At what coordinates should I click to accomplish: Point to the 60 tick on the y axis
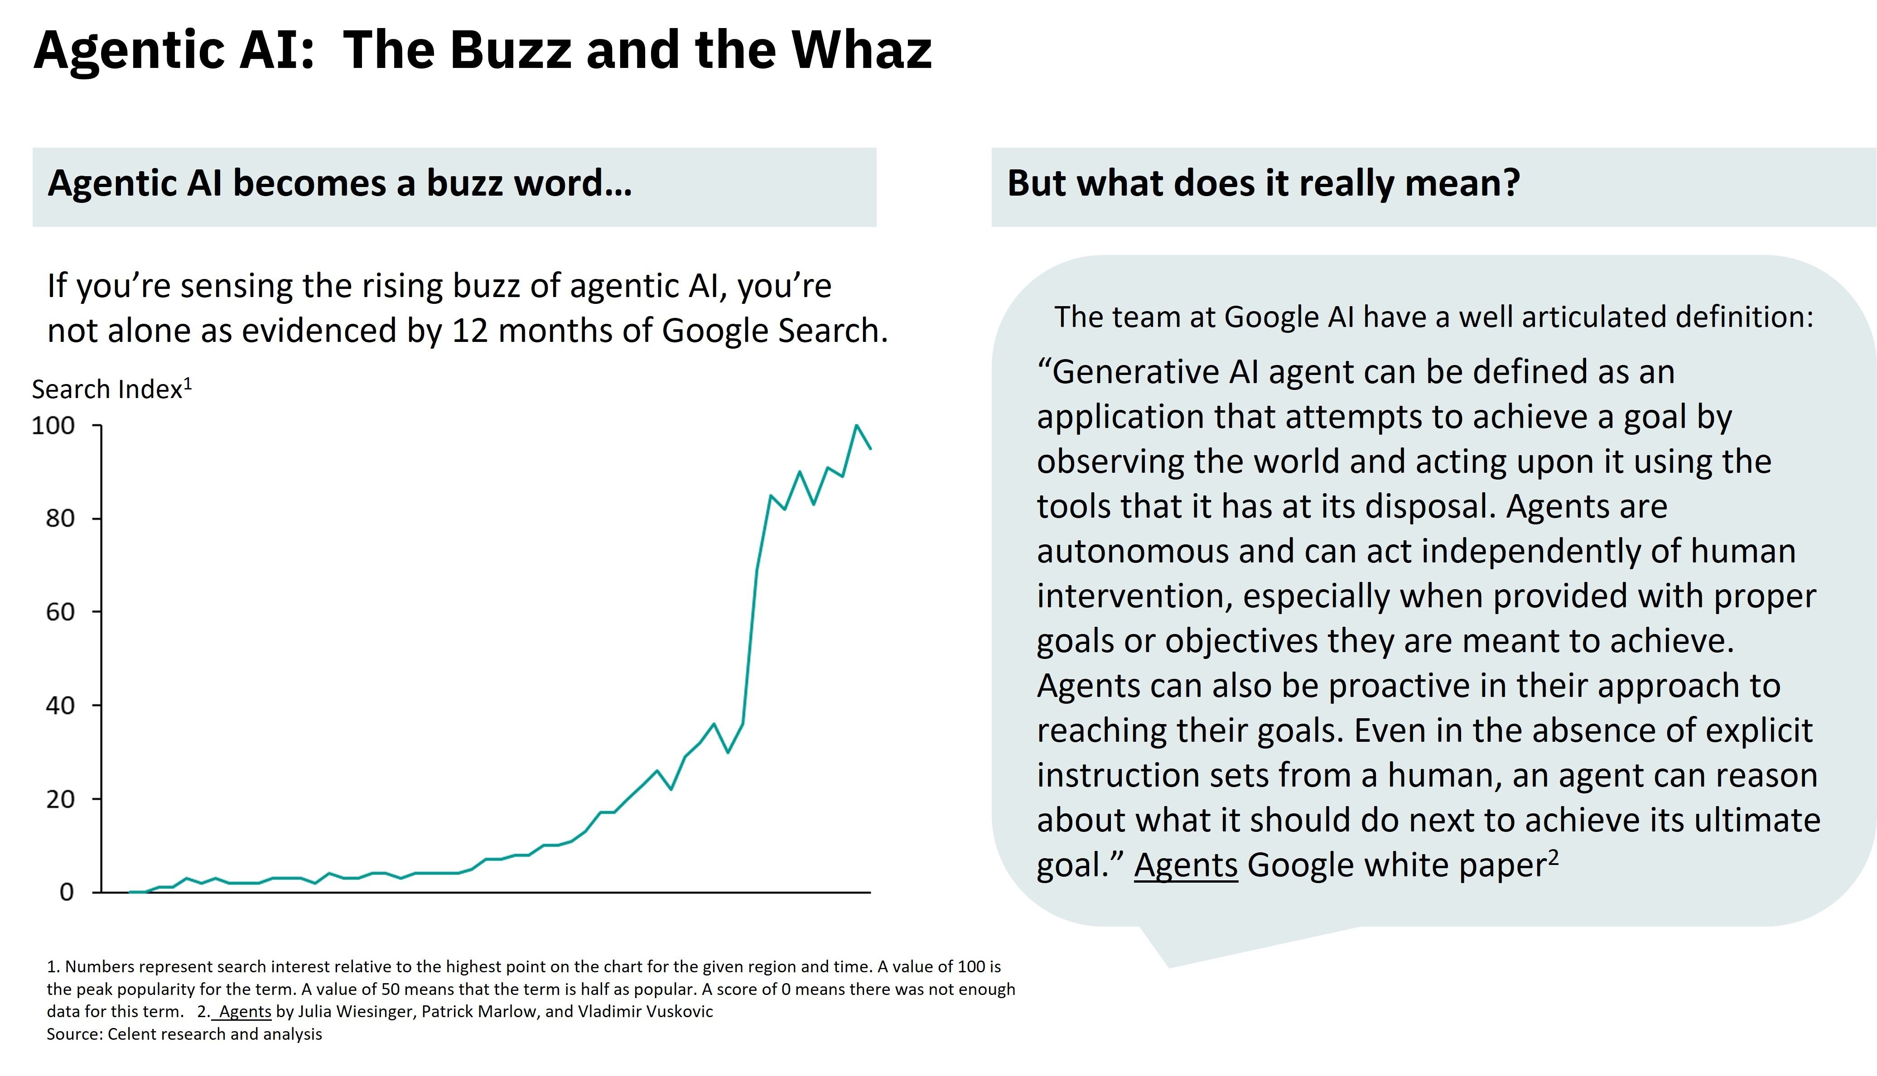coord(61,612)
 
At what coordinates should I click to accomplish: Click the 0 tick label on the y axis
coord(67,892)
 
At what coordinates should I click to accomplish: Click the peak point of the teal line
coord(856,426)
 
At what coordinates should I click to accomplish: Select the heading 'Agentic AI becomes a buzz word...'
coord(340,183)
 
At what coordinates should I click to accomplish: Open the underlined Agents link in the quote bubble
coord(1186,865)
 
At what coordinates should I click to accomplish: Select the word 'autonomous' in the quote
coord(1131,551)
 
